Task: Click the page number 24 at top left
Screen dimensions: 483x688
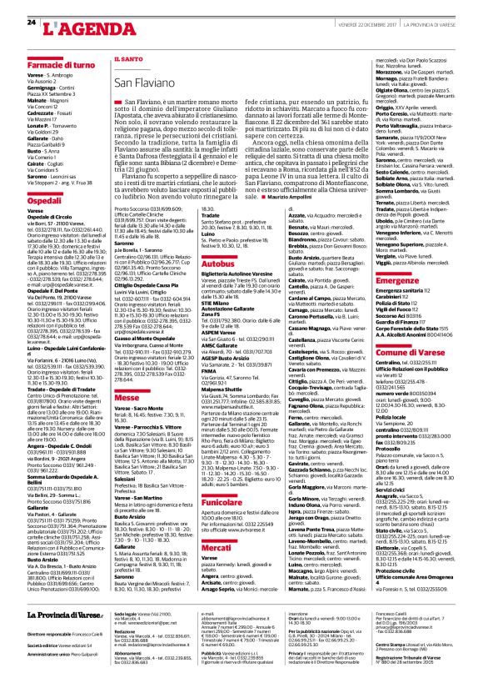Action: pos(31,21)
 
